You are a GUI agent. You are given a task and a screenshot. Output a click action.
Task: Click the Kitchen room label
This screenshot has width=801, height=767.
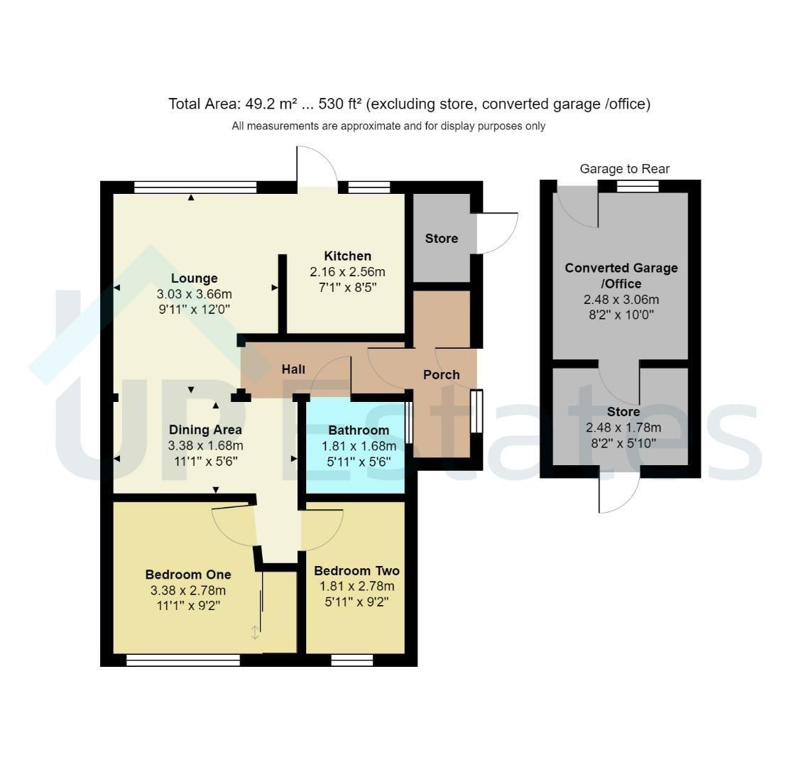(347, 256)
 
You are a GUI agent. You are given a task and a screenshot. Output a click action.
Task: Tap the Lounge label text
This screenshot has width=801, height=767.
(194, 278)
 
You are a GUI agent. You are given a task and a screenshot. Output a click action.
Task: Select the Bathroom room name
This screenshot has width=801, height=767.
(359, 430)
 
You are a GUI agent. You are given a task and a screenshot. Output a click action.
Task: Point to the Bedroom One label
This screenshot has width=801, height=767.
(188, 575)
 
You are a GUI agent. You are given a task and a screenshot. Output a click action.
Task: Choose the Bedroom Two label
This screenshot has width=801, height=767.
(356, 571)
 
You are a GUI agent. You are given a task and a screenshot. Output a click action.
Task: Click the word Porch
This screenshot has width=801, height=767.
(442, 374)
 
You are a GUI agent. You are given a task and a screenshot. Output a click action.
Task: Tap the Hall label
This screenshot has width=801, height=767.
(293, 369)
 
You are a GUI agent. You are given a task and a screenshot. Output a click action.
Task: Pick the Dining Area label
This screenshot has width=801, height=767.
(205, 430)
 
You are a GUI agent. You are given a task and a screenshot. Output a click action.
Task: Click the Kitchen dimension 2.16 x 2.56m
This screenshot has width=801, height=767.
(347, 271)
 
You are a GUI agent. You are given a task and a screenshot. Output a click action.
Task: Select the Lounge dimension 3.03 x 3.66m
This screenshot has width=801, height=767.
(194, 294)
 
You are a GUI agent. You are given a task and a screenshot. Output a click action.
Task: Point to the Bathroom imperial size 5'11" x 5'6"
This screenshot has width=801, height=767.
(359, 462)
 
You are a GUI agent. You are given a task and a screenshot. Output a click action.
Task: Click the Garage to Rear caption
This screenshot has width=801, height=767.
(624, 168)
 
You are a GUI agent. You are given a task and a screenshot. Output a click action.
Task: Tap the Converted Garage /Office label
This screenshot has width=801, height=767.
(621, 276)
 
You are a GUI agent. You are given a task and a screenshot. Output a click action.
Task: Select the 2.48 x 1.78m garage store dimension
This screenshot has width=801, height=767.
(623, 428)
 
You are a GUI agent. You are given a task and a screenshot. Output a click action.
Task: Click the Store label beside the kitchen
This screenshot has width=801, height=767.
(442, 238)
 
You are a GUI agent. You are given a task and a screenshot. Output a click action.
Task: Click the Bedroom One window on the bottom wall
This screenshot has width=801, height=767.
(183, 660)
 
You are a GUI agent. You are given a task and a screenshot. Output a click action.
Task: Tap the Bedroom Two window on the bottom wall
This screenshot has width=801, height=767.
(352, 660)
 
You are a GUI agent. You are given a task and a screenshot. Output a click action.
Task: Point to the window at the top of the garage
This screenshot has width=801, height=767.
(638, 186)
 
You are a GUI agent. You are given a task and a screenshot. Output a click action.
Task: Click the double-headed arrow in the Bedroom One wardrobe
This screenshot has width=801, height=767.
(255, 633)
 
